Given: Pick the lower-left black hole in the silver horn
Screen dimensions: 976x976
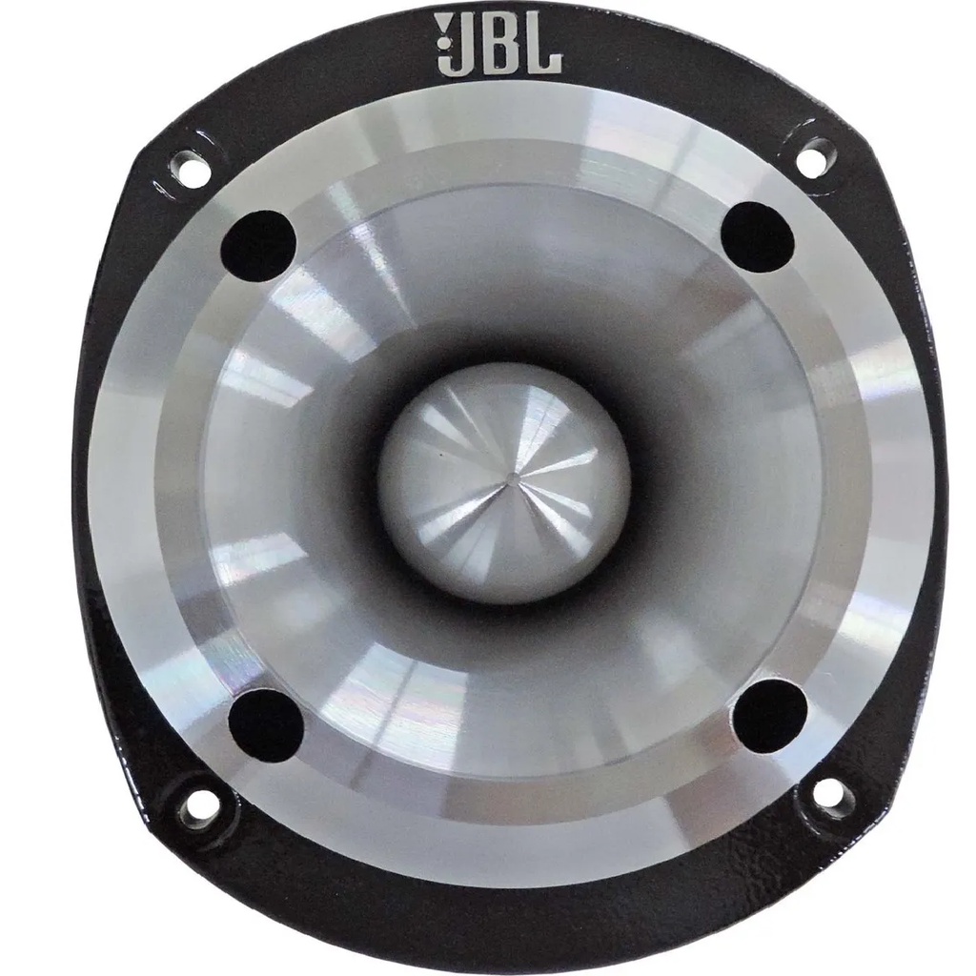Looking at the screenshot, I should [x=265, y=723].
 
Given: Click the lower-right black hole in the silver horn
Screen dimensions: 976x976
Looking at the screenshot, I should [x=770, y=715].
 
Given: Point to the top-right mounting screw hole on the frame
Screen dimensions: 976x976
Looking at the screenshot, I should [x=813, y=156].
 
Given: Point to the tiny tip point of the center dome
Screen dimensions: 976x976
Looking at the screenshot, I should [x=511, y=474].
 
